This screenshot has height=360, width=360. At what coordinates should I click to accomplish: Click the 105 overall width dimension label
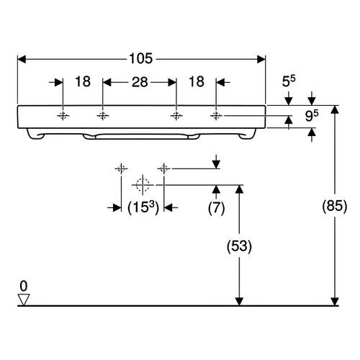(141, 58)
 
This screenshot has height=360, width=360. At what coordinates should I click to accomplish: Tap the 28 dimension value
(140, 82)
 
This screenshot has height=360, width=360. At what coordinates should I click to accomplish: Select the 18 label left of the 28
(83, 81)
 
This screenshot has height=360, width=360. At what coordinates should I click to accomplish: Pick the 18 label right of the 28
(197, 81)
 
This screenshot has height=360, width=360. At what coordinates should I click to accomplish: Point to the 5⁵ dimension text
(289, 81)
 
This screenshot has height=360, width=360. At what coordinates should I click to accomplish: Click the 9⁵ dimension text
(312, 116)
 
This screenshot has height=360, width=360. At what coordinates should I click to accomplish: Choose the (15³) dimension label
(143, 207)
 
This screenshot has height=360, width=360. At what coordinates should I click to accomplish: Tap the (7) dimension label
(216, 208)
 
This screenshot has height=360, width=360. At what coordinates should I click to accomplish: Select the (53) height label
(239, 246)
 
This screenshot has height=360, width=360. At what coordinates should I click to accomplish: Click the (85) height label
(335, 206)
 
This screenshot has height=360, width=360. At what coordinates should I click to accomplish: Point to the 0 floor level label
(24, 286)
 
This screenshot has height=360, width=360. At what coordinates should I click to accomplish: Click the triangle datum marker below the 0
(24, 300)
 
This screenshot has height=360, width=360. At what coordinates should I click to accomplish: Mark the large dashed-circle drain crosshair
(143, 185)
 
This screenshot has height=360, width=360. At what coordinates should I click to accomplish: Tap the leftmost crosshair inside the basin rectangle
(63, 116)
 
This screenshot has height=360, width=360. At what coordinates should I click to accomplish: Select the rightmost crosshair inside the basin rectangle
(216, 116)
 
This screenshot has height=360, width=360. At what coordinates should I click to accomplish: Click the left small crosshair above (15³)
(121, 169)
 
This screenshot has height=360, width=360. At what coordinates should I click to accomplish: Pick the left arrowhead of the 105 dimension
(22, 59)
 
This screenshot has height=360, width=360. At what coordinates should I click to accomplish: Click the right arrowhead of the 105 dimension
(261, 59)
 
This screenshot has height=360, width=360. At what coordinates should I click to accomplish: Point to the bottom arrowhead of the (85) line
(335, 302)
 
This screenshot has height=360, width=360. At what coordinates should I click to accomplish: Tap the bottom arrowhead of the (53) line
(239, 302)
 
